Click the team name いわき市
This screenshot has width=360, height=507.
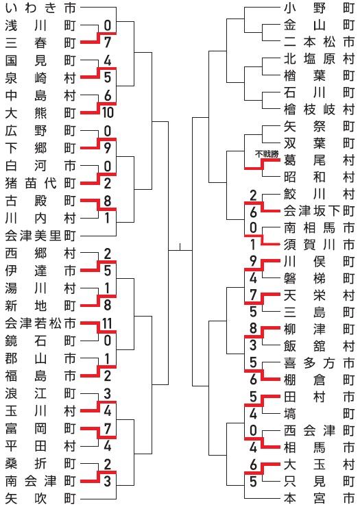click(40, 8)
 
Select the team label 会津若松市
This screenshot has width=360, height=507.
click(40, 323)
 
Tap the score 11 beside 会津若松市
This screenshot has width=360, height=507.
click(107, 323)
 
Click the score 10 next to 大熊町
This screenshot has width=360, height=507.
click(108, 112)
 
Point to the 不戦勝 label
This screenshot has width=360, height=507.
click(267, 154)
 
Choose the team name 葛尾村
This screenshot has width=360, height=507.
click(320, 160)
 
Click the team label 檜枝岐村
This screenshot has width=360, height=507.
click(320, 110)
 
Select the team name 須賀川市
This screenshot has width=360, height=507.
click(320, 245)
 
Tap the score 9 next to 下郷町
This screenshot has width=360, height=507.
click(108, 148)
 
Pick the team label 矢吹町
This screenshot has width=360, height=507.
click(40, 499)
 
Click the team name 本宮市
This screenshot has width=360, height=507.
click(320, 498)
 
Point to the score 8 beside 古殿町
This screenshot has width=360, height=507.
click(108, 201)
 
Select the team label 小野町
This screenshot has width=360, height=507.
click(320, 8)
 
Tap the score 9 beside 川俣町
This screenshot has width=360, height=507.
click(253, 261)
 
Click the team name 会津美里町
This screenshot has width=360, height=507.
click(40, 236)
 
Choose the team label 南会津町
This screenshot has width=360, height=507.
click(40, 481)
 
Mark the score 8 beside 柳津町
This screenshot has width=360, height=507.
click(253, 329)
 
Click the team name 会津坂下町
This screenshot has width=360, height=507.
click(320, 211)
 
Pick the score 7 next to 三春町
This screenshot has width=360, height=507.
click(108, 42)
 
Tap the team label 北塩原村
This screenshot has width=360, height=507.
click(320, 58)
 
